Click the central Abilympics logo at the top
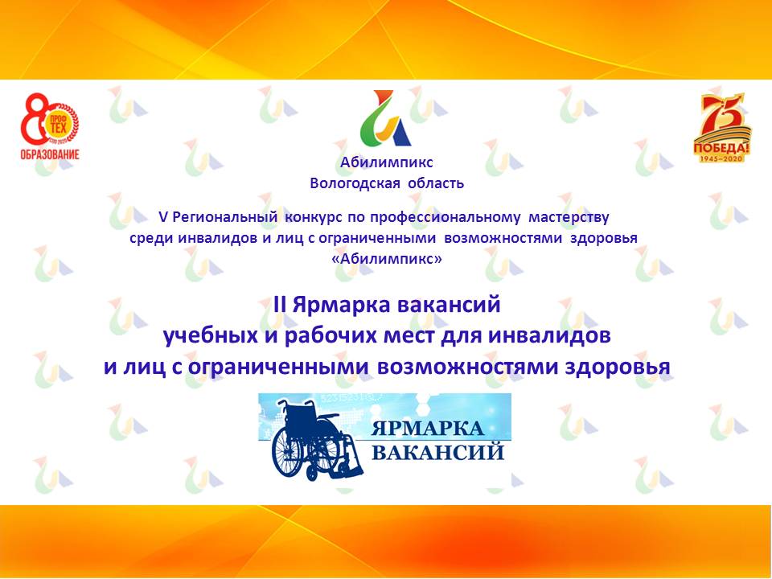[x=387, y=118]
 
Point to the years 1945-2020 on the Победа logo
[x=721, y=158]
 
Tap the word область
[x=437, y=183]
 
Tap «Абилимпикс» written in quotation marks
[x=387, y=259]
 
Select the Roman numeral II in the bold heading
[x=281, y=306]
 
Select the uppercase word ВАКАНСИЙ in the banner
[x=437, y=452]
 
